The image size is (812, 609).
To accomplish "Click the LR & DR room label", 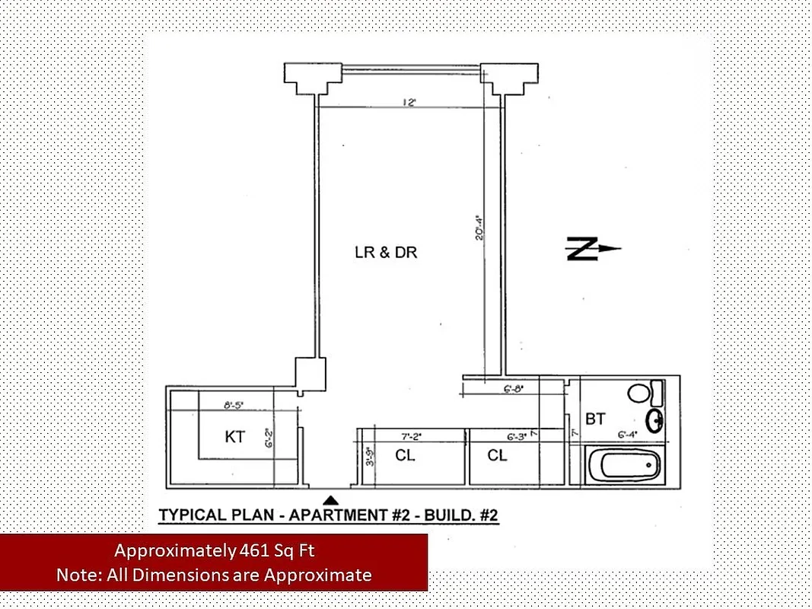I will point(386,253).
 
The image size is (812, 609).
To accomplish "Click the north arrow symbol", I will point(593,249).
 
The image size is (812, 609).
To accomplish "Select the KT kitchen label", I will point(235,438).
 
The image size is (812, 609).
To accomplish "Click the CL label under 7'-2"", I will point(405,456).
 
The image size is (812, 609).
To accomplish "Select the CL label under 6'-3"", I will point(497,456).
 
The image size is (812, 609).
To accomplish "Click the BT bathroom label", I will point(595,419).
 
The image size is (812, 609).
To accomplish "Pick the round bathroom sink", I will point(654,419).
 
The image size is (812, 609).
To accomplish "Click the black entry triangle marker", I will point(330,500).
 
